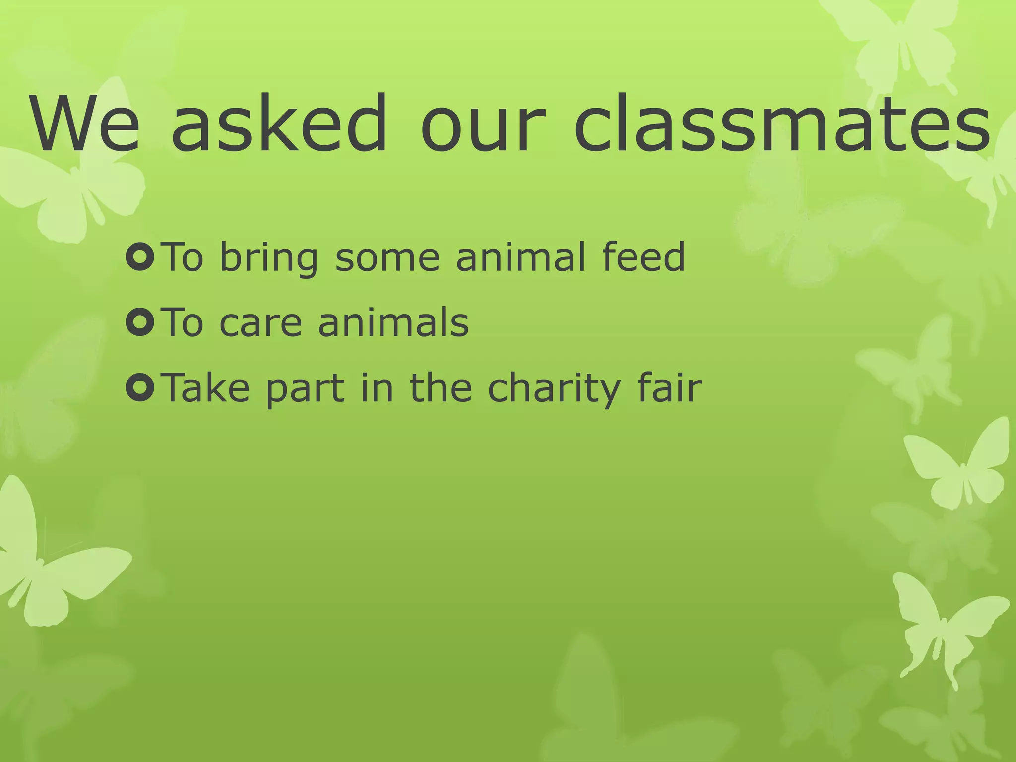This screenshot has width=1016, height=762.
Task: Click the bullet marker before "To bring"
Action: click(141, 257)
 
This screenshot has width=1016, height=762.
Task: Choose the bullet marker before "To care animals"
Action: click(141, 322)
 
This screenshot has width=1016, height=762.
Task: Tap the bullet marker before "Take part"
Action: click(141, 387)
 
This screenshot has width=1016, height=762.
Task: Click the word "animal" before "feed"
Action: click(520, 256)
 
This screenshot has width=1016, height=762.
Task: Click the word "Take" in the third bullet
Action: click(206, 387)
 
